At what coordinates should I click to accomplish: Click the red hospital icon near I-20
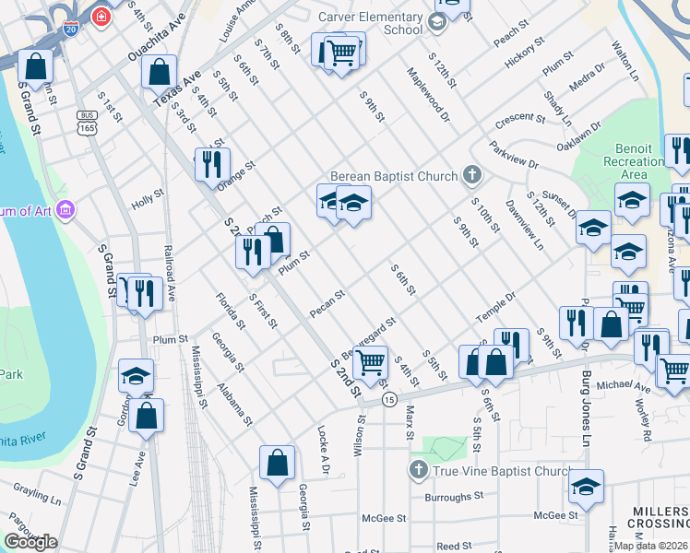101,16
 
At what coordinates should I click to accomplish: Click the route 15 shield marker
389,400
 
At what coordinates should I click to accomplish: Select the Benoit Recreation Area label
651,161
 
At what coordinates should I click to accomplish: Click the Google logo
30,542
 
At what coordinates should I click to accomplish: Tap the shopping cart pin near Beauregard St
369,362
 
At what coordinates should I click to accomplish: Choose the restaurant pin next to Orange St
212,164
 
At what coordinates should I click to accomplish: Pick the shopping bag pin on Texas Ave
160,70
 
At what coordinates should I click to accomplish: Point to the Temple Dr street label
495,307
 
